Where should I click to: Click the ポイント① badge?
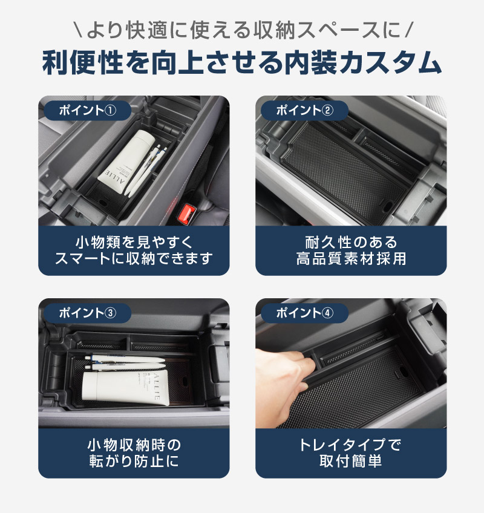(x=85, y=110)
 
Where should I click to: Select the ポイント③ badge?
(x=85, y=313)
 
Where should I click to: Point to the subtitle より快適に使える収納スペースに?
(x=242, y=29)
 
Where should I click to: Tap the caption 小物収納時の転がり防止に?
(x=134, y=454)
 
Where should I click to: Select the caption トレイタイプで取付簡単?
(x=351, y=454)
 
